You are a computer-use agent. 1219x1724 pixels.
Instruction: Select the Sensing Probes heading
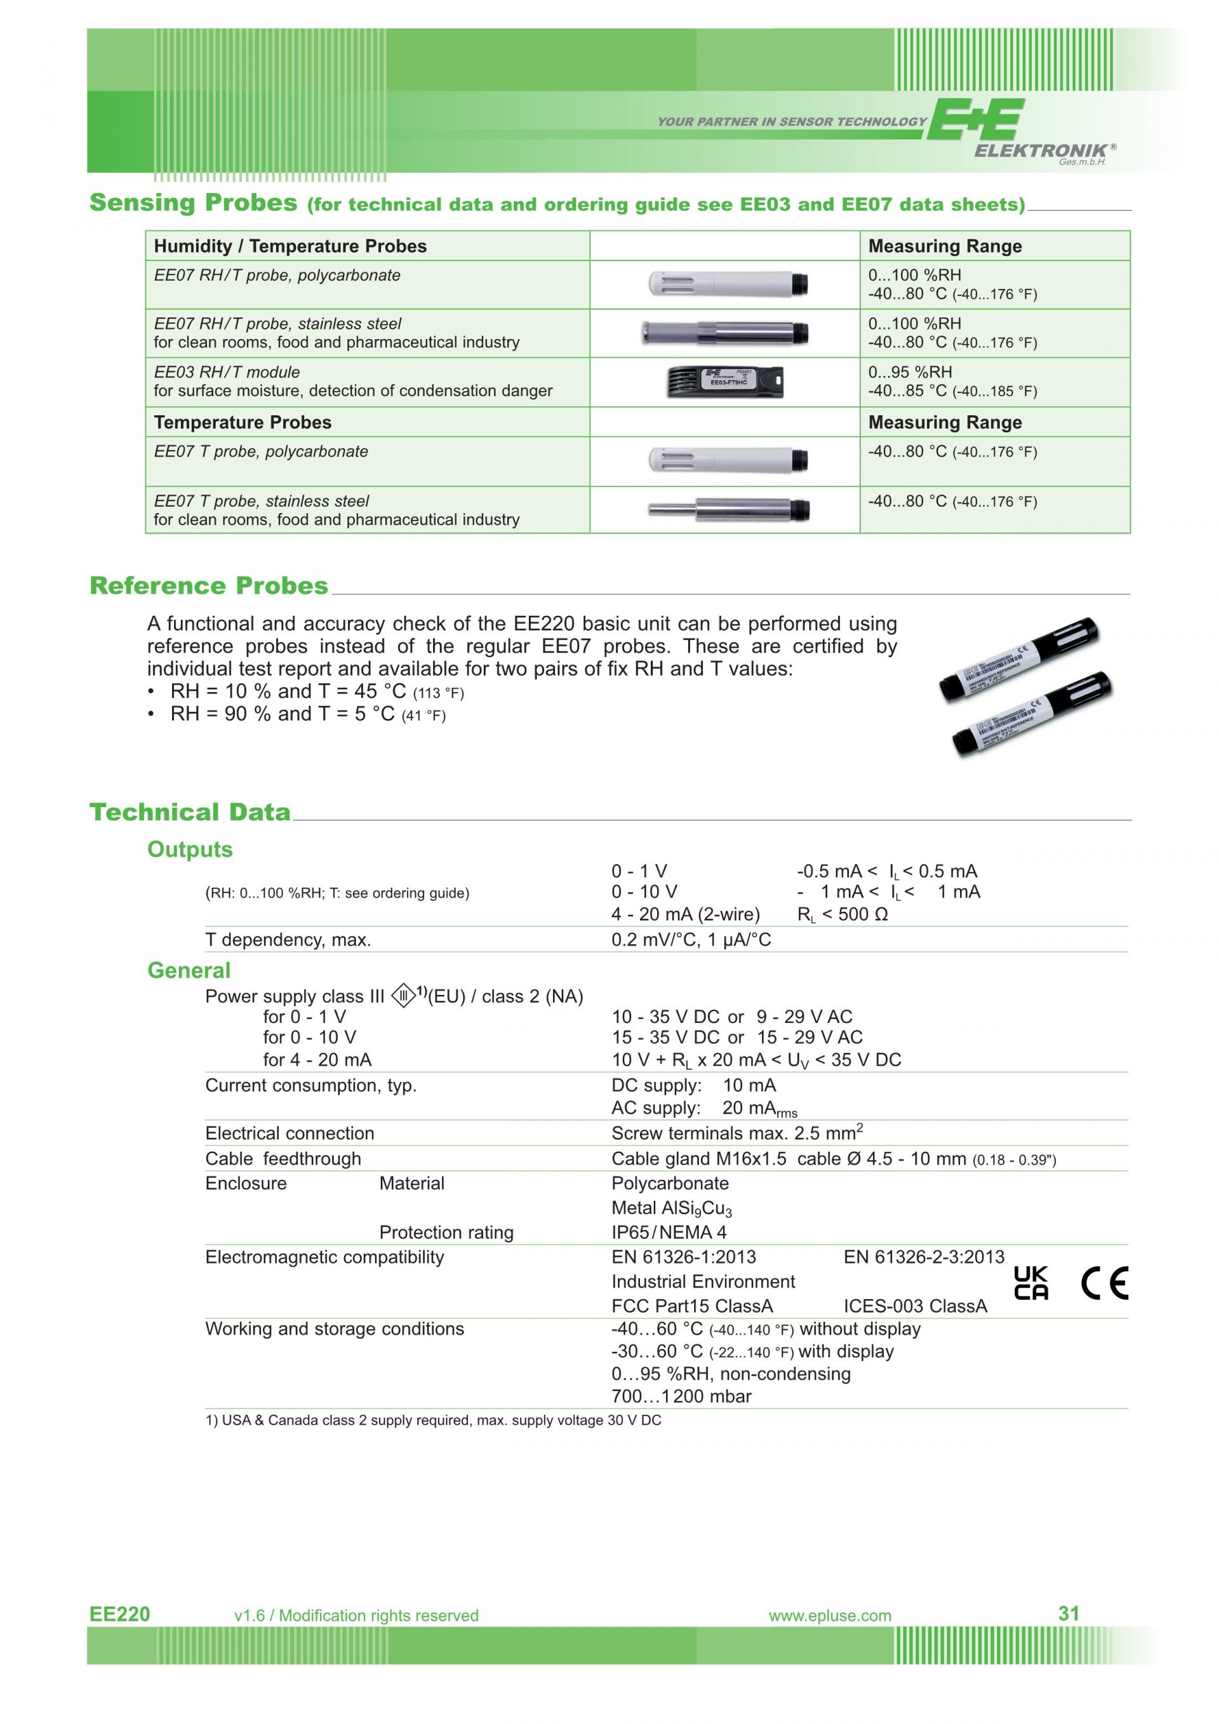coord(194,203)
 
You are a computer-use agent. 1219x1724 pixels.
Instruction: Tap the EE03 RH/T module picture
coord(725,382)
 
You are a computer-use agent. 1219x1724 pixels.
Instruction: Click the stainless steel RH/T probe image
coord(725,333)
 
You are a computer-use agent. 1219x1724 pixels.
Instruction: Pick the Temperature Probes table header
coord(243,422)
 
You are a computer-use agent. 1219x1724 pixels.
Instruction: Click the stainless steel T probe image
coord(728,510)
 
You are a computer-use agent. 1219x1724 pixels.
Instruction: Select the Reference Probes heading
coord(209,585)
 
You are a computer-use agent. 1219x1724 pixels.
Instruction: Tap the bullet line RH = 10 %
coord(316,692)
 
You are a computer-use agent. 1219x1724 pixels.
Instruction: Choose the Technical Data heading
coord(190,812)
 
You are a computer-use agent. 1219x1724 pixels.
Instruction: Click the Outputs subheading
coord(190,849)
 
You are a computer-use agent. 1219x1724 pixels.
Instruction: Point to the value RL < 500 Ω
coord(843,914)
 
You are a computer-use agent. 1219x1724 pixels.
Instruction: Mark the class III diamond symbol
coord(403,997)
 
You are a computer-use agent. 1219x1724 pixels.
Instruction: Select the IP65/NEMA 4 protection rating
coord(669,1232)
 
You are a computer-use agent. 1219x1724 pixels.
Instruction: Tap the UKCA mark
coord(1031,1283)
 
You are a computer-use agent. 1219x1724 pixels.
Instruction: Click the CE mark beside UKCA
coord(1104,1283)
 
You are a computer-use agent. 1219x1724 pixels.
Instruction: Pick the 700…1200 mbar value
coord(681,1396)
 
